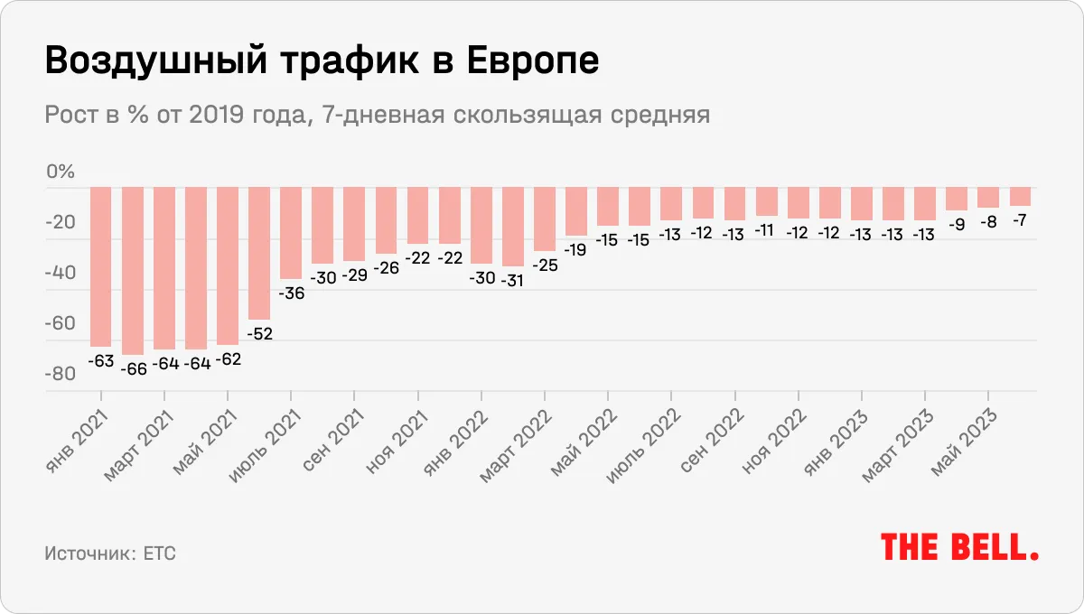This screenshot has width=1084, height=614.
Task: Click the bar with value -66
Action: tap(133, 270)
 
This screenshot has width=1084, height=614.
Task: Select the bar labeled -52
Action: tap(259, 253)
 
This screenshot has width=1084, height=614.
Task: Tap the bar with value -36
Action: tap(291, 232)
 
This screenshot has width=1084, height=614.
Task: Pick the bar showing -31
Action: tap(512, 226)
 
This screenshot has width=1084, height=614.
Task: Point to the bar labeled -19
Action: tap(575, 210)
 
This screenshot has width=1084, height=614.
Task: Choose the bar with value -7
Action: tap(1020, 196)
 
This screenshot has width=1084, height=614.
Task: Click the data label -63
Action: tap(100, 361)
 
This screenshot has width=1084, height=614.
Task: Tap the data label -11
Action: tap(766, 230)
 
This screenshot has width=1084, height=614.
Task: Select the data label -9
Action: tap(957, 225)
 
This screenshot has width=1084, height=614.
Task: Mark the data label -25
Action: tap(544, 265)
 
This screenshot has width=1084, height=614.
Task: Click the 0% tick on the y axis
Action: tap(60, 172)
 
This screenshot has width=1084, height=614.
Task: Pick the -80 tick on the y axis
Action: tap(60, 375)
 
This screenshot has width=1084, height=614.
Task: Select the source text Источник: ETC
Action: tap(109, 553)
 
